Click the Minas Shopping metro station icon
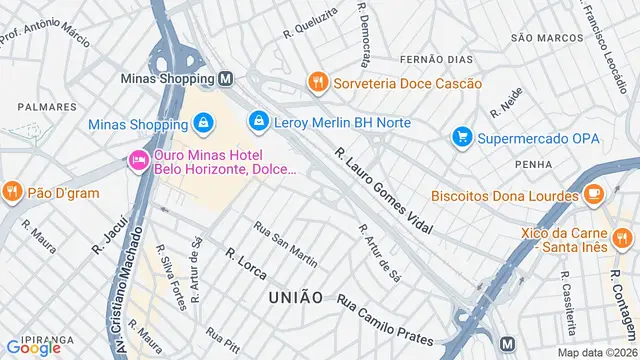227,77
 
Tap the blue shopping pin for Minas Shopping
203,123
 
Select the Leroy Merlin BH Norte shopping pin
259,121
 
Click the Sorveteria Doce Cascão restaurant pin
318,83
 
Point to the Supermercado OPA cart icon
461,136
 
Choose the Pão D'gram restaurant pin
12,190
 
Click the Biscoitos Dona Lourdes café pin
593,194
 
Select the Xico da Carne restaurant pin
623,238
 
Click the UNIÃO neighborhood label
295,297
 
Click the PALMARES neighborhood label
47,106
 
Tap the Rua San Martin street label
285,245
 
